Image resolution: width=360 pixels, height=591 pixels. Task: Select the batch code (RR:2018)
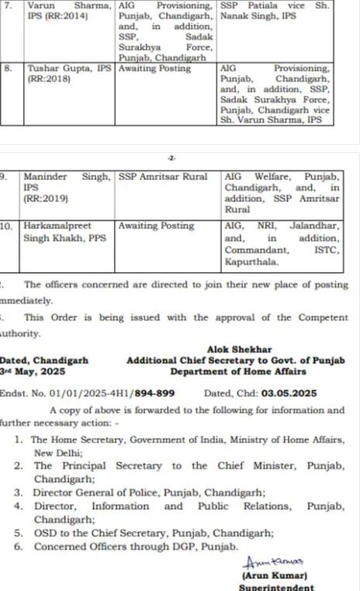click(48, 79)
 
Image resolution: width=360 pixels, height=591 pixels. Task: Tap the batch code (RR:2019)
click(46, 199)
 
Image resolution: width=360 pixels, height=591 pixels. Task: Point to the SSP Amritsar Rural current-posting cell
click(163, 177)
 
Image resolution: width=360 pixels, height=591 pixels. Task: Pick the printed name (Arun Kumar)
click(267, 576)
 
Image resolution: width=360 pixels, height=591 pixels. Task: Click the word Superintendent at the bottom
click(267, 587)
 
